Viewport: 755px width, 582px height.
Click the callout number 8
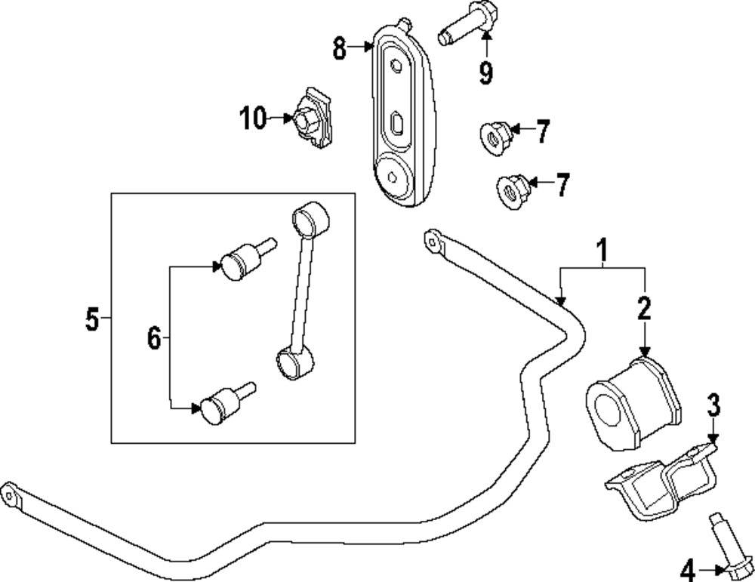(x=340, y=50)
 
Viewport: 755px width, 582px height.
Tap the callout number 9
(x=485, y=72)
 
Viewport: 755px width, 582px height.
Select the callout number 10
(x=254, y=119)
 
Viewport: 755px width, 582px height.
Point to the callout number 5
(x=92, y=320)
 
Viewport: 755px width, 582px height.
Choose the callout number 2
(x=643, y=308)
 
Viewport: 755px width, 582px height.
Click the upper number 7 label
(x=544, y=131)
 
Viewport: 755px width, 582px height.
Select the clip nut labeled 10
(x=313, y=119)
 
